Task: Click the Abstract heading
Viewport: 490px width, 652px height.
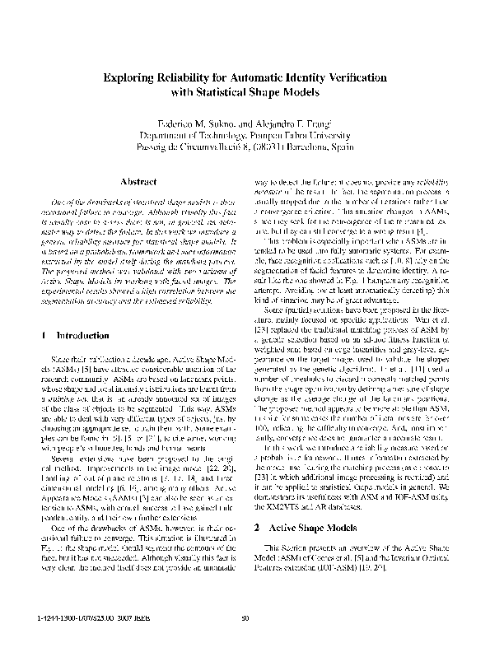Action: click(x=133, y=181)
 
